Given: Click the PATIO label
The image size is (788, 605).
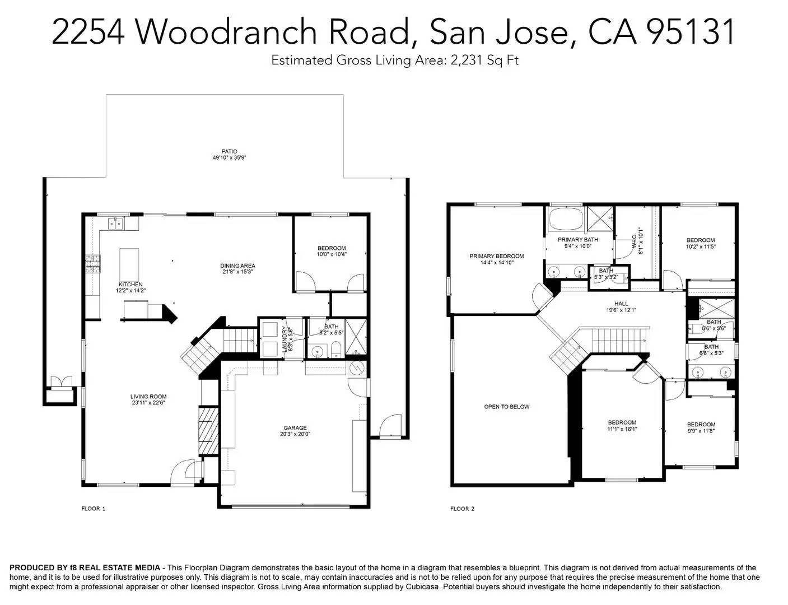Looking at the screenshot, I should click(229, 151).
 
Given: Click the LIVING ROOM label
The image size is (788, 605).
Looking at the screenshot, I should click(148, 397).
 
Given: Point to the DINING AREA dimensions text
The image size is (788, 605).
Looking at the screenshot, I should click(237, 272).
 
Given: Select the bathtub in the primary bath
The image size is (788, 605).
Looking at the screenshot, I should click(565, 218).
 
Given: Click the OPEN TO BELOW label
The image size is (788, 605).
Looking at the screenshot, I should click(506, 407).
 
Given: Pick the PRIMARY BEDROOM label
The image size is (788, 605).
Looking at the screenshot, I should click(496, 256).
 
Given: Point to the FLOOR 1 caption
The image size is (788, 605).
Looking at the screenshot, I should click(94, 509).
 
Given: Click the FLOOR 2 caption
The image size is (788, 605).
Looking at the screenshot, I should click(462, 509).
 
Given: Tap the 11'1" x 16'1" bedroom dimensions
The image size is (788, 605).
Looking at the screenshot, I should click(622, 429).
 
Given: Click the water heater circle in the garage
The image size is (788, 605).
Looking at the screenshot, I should click(356, 368).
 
